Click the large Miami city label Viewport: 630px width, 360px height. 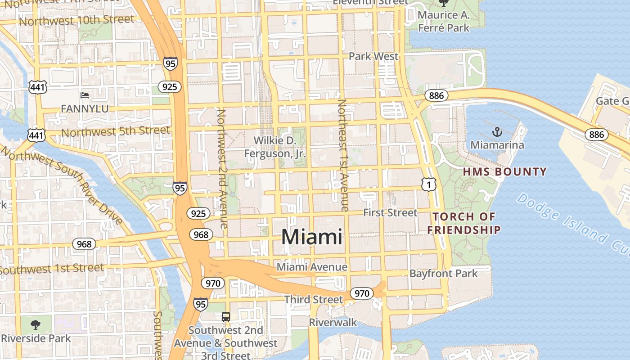312,237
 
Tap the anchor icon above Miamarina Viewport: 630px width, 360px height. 497,132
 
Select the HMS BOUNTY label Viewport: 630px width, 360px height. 504,171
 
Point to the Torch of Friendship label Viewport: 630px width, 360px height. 464,223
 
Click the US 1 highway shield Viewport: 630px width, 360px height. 429,184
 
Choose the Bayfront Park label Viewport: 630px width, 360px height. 443,273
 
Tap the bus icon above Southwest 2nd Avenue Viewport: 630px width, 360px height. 226,317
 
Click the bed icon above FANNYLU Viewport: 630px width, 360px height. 85,95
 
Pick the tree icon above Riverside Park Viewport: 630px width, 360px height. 36,324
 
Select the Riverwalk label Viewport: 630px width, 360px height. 333,322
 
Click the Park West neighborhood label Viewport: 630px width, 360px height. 373,56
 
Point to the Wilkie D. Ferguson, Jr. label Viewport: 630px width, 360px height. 275,147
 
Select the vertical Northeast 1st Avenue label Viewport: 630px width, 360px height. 343,155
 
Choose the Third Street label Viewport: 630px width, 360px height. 313,299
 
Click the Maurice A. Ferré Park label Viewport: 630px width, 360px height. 443,21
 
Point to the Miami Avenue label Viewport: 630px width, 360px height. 312,267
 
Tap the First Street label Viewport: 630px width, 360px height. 390,212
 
